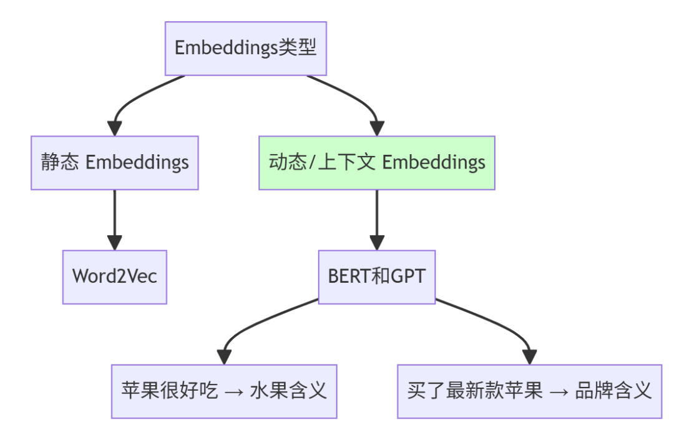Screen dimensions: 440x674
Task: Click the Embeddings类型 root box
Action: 246,48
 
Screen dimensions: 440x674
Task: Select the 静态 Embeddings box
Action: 115,163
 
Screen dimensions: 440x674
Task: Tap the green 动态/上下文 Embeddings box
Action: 377,163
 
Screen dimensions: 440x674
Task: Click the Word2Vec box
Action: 115,276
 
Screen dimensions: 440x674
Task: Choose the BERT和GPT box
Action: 377,276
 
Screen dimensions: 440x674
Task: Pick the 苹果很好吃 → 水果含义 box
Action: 224,391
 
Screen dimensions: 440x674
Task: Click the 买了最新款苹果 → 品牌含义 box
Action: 529,391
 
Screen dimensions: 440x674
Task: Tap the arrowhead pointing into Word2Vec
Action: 115,243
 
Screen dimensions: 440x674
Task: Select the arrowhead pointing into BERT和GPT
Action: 377,243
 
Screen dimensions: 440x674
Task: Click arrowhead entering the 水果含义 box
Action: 224,358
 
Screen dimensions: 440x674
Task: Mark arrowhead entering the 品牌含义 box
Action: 529,358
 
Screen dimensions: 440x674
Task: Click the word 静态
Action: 60,163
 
